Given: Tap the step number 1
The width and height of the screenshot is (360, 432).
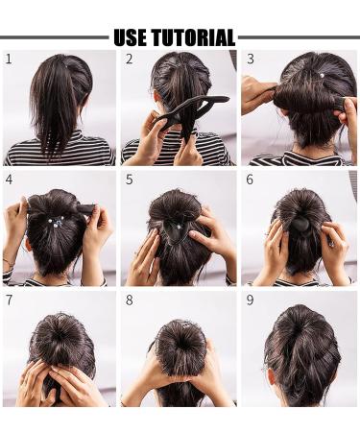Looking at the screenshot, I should click(9, 60).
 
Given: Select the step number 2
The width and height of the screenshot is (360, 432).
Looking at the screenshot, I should click(130, 60).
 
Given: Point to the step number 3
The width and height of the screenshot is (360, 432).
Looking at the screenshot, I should click(250, 60).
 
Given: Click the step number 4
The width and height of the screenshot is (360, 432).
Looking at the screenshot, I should click(9, 180).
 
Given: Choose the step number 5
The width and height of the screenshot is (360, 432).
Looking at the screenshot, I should click(130, 180).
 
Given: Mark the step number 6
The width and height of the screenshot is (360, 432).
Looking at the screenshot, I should click(250, 180).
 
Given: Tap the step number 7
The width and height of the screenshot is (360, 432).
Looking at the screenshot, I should click(9, 300).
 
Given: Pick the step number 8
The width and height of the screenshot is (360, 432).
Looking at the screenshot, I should click(130, 300).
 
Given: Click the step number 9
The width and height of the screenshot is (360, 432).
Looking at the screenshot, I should click(250, 300).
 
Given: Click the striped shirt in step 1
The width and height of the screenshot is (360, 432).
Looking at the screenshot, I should click(58, 154).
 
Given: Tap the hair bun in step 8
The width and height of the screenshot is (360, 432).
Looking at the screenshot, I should click(180, 341).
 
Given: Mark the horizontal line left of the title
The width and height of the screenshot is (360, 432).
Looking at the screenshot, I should click(53, 38).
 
